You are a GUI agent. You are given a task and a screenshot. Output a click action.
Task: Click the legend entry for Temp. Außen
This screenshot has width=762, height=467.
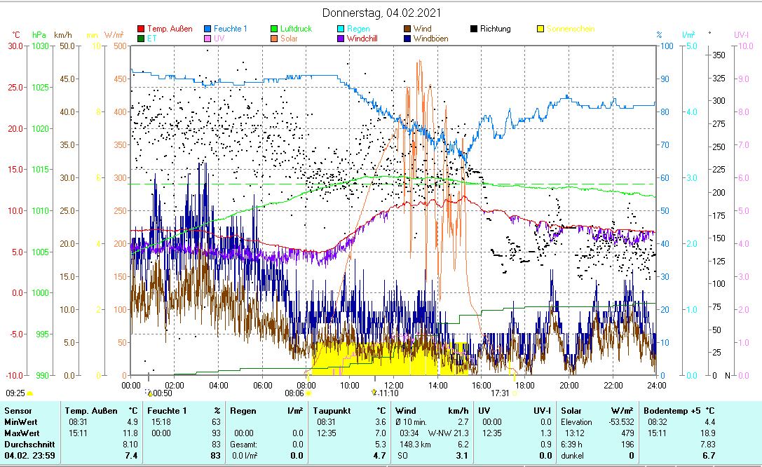170,29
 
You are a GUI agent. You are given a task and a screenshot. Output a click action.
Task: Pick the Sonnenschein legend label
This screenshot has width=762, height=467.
571,29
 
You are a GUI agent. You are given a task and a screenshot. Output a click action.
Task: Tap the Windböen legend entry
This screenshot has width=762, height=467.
430,39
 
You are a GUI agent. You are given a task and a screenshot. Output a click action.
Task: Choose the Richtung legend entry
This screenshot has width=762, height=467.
495,29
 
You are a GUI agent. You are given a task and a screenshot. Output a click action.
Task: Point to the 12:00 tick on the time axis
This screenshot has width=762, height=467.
393,385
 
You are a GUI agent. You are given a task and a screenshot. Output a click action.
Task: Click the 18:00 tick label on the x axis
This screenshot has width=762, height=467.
525,385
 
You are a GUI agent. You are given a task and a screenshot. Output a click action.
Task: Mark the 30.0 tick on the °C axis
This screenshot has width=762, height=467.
15,46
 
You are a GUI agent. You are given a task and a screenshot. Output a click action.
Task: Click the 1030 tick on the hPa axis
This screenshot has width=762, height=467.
41,46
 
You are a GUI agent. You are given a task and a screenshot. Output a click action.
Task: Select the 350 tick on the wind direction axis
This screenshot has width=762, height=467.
719,55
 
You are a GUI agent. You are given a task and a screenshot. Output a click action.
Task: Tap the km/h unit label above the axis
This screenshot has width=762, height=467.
62,34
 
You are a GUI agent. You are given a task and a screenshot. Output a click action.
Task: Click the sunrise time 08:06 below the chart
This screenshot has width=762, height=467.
294,393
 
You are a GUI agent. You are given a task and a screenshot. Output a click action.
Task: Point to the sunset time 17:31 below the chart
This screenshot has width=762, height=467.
501,393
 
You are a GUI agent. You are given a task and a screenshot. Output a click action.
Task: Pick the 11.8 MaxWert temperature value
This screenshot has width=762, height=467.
130,433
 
